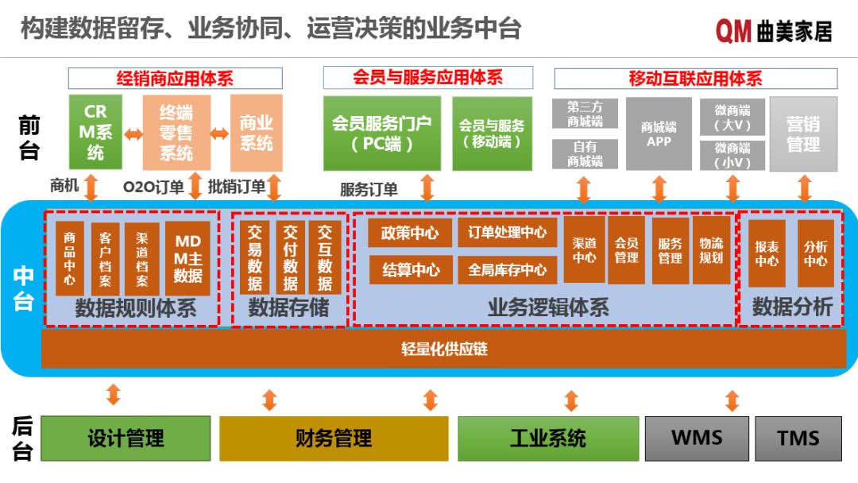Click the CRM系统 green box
95,132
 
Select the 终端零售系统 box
176,132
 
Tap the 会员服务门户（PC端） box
381,133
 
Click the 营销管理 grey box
803,133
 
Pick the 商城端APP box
659,133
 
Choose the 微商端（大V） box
732,117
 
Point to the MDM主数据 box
188,258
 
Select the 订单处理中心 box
507,233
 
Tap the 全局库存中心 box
507,270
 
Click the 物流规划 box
711,250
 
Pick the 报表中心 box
767,253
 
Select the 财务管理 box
334,438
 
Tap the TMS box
798,438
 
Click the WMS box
697,438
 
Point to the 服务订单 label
369,190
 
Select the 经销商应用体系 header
175,79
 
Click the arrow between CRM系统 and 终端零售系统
133,133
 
